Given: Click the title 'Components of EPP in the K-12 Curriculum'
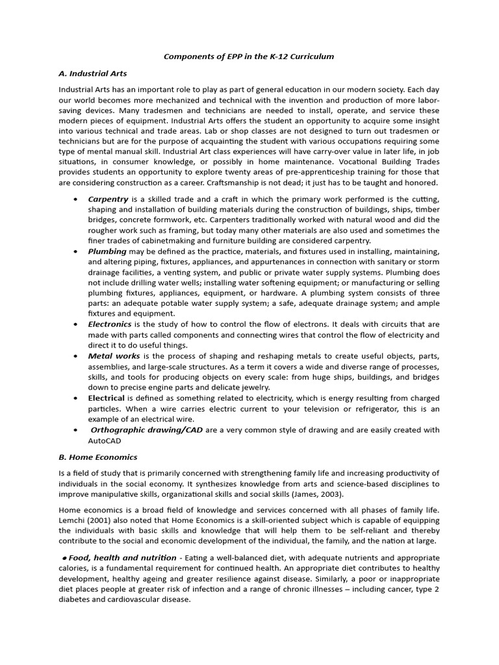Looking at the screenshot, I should pos(249,56).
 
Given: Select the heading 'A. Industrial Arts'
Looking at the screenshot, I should pos(92,73).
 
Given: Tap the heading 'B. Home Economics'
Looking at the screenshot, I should pos(98,457).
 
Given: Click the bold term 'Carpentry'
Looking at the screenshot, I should pos(108,199).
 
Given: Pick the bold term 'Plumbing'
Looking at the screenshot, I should pos(107,251).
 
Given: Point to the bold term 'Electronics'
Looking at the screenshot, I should pos(110,323).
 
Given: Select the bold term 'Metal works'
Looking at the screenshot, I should pos(114,356).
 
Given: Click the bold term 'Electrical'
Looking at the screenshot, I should pos(107,397).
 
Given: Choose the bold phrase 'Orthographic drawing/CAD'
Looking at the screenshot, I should pos(147,429).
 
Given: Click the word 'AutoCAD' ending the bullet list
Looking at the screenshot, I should pos(105,440).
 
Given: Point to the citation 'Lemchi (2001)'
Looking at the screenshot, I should pos(86,520).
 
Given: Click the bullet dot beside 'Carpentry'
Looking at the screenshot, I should pos(77,199).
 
